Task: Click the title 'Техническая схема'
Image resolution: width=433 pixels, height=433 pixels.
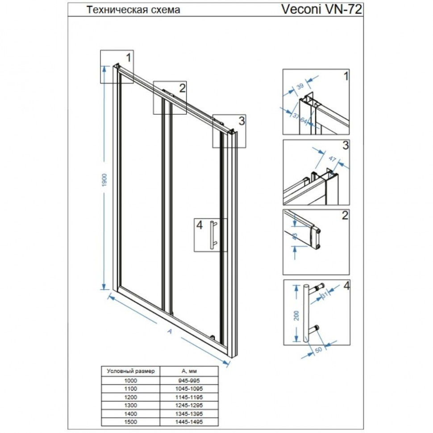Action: click(x=133, y=10)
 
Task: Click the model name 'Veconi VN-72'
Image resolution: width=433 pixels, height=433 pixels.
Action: click(x=321, y=9)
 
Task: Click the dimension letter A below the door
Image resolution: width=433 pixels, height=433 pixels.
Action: click(x=169, y=331)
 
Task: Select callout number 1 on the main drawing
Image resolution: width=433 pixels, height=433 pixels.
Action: click(x=128, y=57)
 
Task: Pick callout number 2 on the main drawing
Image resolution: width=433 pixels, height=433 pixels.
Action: click(x=182, y=88)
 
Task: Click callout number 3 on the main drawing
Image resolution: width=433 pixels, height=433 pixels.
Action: click(x=241, y=121)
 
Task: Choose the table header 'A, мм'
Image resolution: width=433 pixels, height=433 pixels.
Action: click(x=189, y=371)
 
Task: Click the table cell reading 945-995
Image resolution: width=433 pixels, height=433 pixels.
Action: click(x=189, y=380)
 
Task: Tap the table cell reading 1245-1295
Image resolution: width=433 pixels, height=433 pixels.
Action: click(x=189, y=405)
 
